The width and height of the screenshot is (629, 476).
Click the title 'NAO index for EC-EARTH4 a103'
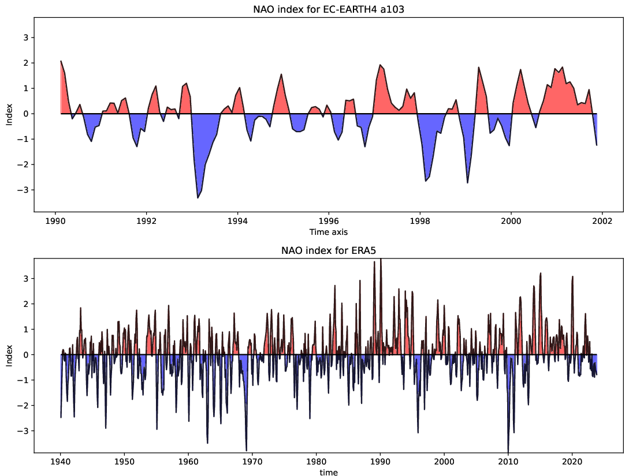tap(328, 9)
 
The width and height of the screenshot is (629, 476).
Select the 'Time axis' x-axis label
tap(328, 231)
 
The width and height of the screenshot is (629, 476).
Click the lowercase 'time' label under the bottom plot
tap(328, 472)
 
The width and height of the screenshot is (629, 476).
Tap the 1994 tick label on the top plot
tap(237, 220)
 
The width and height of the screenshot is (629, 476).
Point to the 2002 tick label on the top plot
tap(602, 220)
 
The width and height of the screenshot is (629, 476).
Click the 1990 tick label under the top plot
tap(55, 220)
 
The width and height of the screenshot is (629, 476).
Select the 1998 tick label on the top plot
tap(420, 220)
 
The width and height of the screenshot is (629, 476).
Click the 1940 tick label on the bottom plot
tap(60, 462)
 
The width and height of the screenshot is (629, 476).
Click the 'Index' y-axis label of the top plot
tap(9, 114)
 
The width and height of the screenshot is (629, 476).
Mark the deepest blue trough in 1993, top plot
tap(198, 198)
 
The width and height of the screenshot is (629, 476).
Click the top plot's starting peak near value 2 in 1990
tap(61, 61)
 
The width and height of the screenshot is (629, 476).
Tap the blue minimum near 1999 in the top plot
tap(467, 182)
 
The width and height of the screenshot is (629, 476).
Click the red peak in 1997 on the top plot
tap(380, 65)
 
